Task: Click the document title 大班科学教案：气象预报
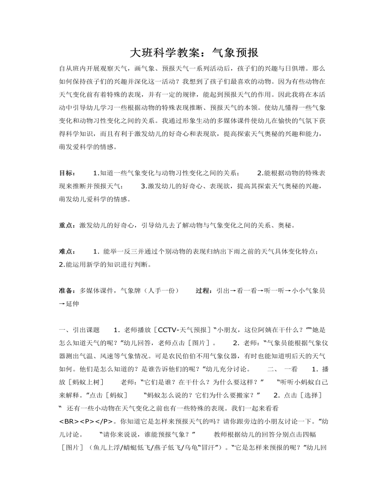click(194, 53)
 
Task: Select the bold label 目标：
click(68, 173)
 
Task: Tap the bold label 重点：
click(68, 226)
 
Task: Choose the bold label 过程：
click(204, 291)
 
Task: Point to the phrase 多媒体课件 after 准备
click(96, 291)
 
